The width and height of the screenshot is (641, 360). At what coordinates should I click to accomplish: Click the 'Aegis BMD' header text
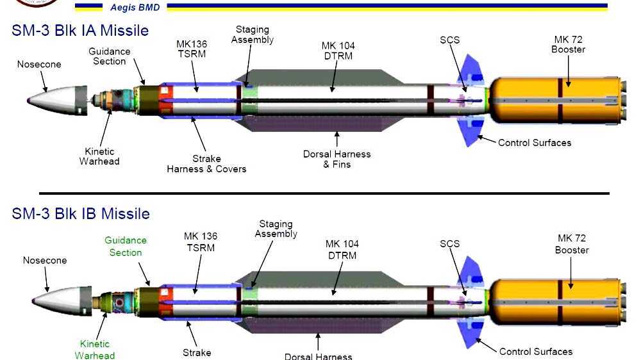[135, 8]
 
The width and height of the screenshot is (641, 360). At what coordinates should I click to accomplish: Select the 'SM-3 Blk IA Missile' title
[80, 30]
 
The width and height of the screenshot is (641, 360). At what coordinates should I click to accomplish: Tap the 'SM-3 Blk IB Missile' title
[81, 213]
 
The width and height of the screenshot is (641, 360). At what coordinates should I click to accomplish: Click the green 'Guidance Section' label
[126, 246]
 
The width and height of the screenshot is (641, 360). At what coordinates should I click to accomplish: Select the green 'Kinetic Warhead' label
[95, 350]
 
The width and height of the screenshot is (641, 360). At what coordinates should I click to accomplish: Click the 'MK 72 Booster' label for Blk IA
[568, 44]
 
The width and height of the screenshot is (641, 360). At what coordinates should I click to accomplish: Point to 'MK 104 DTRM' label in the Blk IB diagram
[342, 249]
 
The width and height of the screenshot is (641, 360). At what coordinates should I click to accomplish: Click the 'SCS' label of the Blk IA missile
[450, 40]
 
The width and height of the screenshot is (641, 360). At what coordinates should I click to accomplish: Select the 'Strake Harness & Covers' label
[206, 163]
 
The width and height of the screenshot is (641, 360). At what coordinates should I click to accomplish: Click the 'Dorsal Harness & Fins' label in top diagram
[337, 159]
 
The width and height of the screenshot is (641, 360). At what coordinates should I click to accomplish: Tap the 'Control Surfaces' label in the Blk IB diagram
[535, 351]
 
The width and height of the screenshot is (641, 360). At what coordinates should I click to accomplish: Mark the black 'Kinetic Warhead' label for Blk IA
[99, 156]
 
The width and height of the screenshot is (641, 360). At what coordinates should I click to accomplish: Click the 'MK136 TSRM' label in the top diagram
[191, 49]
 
